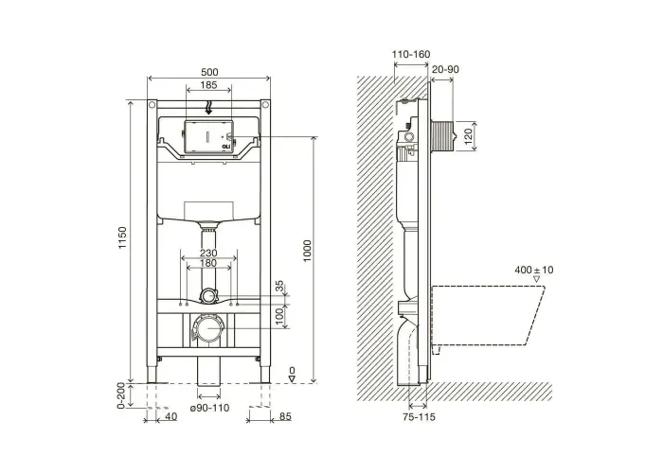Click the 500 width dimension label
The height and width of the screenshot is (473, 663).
(x=209, y=72)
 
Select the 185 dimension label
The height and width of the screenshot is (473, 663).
(x=209, y=85)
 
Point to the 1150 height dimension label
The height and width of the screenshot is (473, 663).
(x=122, y=237)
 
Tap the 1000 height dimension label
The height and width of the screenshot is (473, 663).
(x=307, y=251)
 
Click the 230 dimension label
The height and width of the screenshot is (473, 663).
(x=208, y=253)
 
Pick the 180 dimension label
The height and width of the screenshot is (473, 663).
(x=208, y=263)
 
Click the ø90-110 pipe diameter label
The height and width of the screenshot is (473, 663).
(x=209, y=408)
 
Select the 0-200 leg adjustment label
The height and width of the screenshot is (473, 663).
(x=121, y=395)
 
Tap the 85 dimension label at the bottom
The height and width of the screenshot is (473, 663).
(x=285, y=417)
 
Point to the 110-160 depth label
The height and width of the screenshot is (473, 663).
(x=411, y=55)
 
